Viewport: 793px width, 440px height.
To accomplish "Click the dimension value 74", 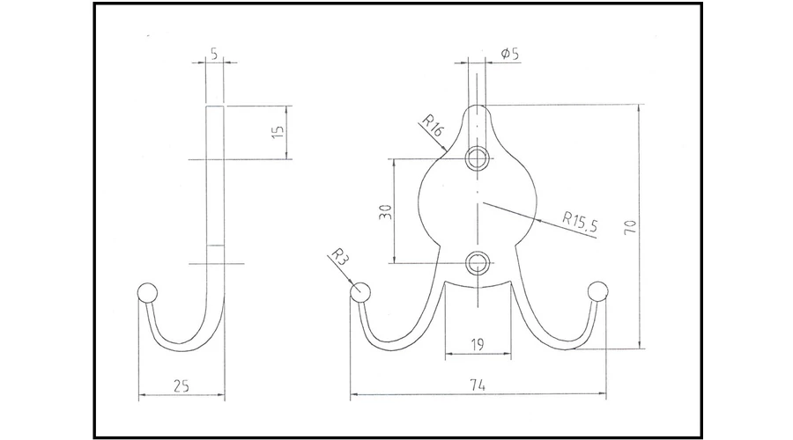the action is [478, 385].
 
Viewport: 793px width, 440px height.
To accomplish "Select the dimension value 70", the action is [630, 227].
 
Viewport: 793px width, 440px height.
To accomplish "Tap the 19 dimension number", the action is [478, 345].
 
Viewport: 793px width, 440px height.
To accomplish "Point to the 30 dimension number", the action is [385, 212].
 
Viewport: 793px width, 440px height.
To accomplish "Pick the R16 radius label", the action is [433, 126].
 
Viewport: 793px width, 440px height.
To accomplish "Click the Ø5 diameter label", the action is [510, 53].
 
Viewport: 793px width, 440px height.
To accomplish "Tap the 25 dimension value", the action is [181, 386].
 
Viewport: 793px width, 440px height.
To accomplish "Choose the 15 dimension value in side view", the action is [278, 132].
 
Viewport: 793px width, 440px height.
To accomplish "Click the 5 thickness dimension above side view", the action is [214, 54].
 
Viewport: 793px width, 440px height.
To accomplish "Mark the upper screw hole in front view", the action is [477, 159].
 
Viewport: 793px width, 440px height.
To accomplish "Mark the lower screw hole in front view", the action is [477, 263].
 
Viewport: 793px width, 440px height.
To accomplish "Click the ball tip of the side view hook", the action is [147, 293].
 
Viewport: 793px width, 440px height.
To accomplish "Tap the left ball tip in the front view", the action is [360, 292].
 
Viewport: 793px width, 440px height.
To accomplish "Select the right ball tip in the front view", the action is [597, 291].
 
